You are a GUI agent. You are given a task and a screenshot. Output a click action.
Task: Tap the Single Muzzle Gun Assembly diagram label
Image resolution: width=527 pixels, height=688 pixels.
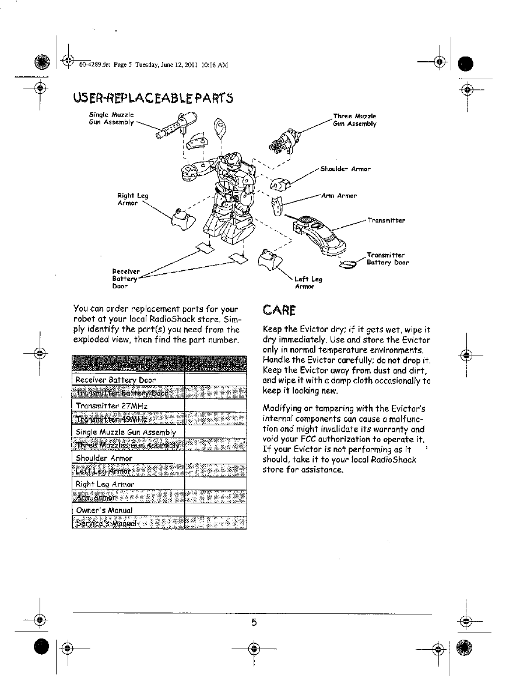[112, 118]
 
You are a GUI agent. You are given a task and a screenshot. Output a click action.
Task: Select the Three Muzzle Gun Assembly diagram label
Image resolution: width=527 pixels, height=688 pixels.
[354, 120]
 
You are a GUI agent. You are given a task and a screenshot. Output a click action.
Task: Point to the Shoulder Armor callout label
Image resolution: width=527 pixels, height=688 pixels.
[345, 169]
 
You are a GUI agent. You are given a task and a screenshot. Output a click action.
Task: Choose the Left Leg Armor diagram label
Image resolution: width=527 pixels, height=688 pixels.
[308, 283]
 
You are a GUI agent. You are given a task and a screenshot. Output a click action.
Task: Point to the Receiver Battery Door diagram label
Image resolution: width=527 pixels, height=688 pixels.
[126, 278]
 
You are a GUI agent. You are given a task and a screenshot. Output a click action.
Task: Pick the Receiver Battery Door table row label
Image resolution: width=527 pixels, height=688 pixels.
[116, 380]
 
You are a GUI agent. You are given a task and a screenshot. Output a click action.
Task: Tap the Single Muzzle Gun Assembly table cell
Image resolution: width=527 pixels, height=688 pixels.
[126, 432]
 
